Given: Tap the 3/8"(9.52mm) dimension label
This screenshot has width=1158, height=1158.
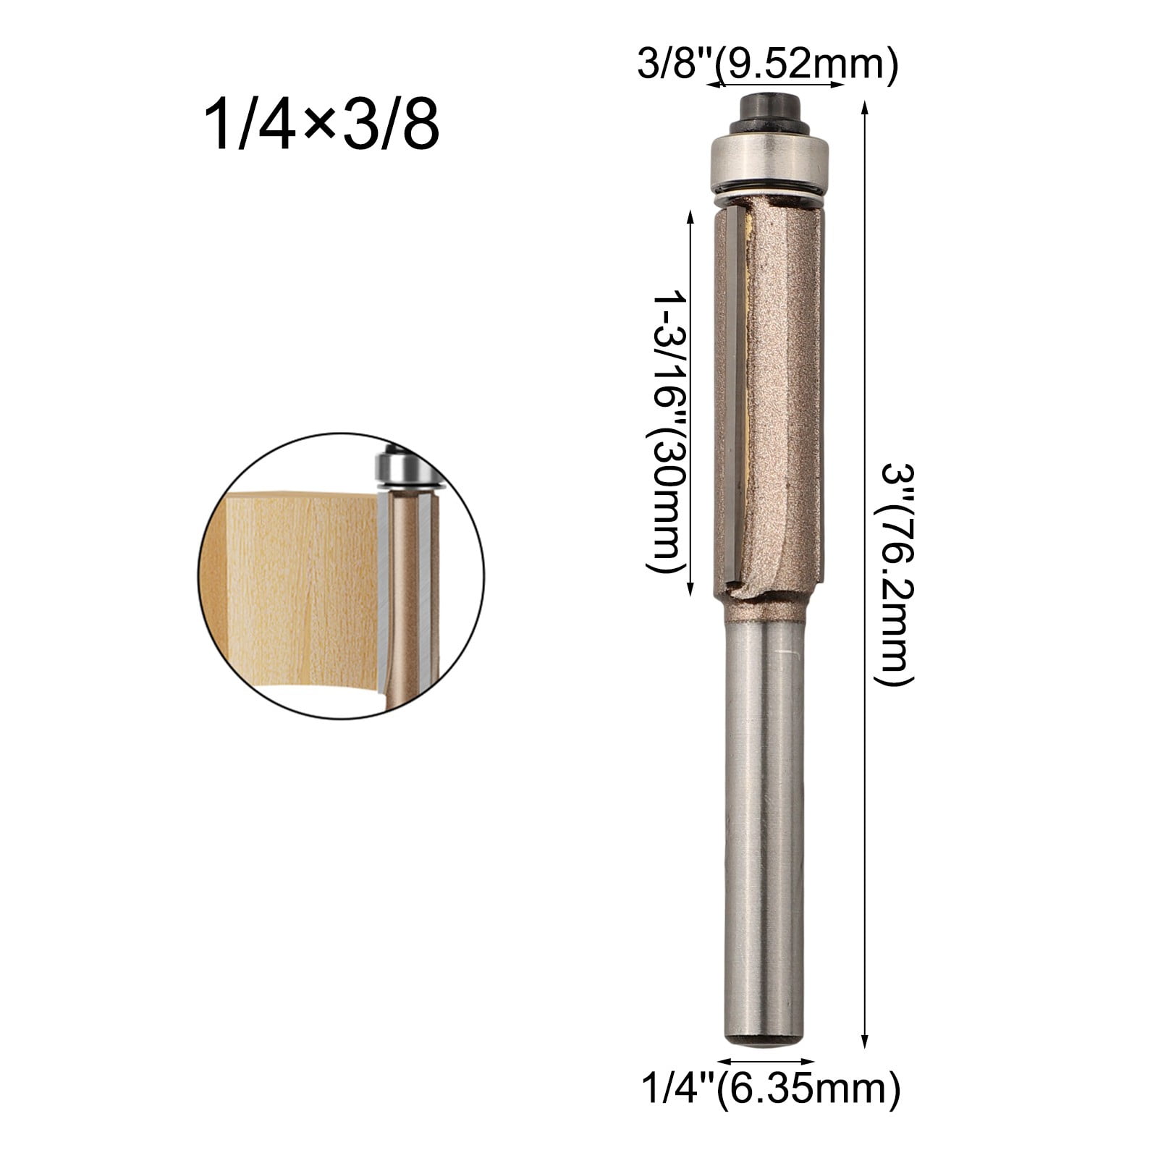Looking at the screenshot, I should click(x=768, y=66).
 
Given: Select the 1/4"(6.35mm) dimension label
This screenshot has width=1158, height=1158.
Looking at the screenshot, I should click(x=772, y=1109).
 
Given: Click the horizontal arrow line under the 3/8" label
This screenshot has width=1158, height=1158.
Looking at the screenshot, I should click(x=775, y=85).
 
